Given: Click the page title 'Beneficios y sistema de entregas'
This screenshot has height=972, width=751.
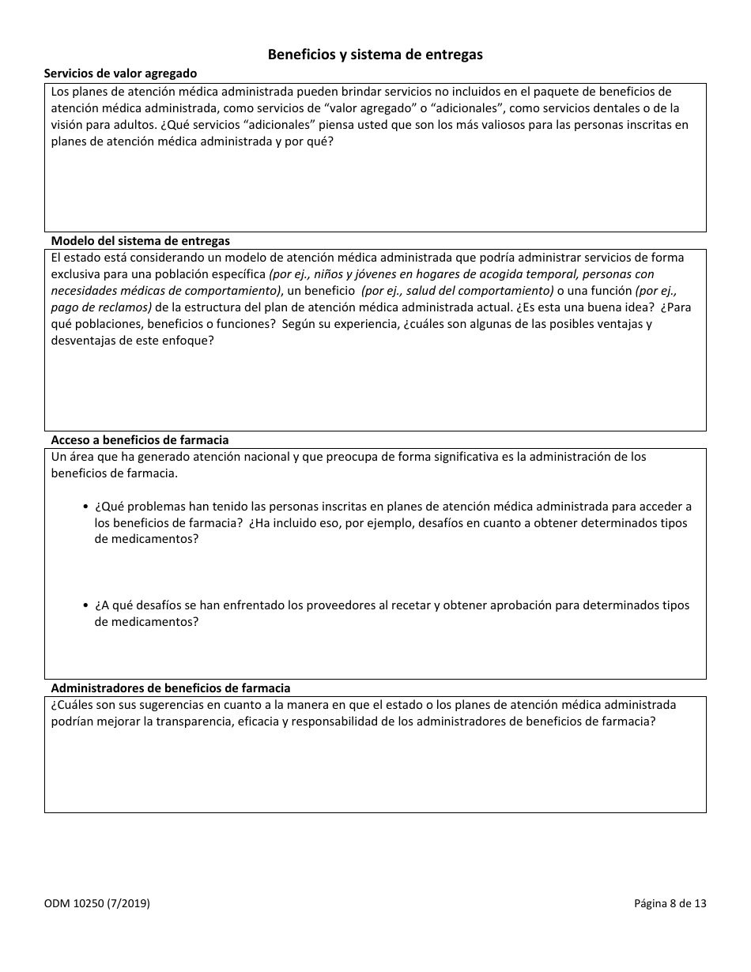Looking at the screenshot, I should [x=375, y=55].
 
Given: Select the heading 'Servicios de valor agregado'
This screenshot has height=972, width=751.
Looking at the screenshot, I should [x=120, y=73].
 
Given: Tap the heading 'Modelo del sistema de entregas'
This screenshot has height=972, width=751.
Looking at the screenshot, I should [x=140, y=241].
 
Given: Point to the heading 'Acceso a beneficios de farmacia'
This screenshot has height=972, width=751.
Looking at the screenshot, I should [x=139, y=440].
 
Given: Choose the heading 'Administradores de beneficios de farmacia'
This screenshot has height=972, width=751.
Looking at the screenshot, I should [x=170, y=688].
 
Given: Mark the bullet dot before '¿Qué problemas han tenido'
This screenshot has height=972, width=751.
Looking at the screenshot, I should [x=85, y=507].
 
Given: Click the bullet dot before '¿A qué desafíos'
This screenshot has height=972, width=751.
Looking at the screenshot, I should [x=85, y=606].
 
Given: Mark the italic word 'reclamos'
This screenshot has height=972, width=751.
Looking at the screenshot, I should [x=123, y=307].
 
